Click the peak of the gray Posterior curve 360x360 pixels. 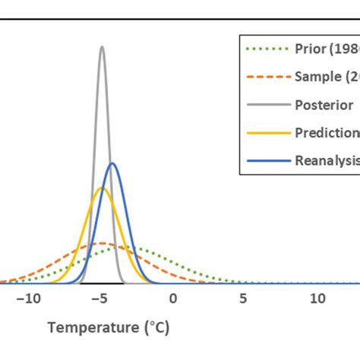pos(102,47)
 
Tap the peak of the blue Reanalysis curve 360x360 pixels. pos(112,163)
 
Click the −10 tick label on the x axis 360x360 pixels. pos(30,298)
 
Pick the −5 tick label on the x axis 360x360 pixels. pos(102,298)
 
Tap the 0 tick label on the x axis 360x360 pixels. pos(173,298)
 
